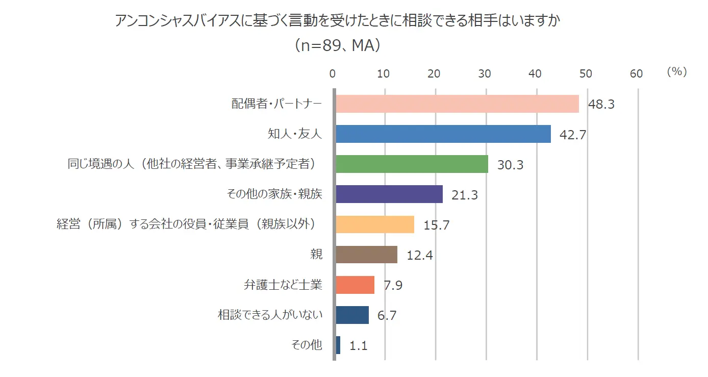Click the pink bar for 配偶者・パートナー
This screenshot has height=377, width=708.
point(458,104)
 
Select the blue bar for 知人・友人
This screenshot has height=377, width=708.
point(443,134)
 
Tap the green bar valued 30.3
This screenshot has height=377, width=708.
point(412,164)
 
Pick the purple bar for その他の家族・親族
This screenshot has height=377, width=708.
point(389,194)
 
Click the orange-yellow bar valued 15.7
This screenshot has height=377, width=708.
point(375,224)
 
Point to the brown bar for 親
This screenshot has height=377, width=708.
point(367,255)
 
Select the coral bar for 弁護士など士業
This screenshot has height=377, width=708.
point(355,285)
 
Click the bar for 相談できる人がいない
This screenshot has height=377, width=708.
point(352,315)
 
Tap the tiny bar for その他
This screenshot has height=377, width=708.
point(338,345)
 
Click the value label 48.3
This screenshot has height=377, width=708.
point(601,105)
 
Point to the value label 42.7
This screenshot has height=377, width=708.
point(573,135)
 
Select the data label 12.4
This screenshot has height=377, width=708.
point(420,255)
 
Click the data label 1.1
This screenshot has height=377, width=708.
point(359,345)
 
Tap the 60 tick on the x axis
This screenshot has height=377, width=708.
point(636,73)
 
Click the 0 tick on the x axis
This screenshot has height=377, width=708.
point(333,73)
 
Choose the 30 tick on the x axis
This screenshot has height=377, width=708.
point(485,73)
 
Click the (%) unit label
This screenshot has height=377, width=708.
point(677,72)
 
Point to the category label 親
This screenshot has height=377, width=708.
point(316,255)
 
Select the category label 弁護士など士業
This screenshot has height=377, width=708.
point(283,285)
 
